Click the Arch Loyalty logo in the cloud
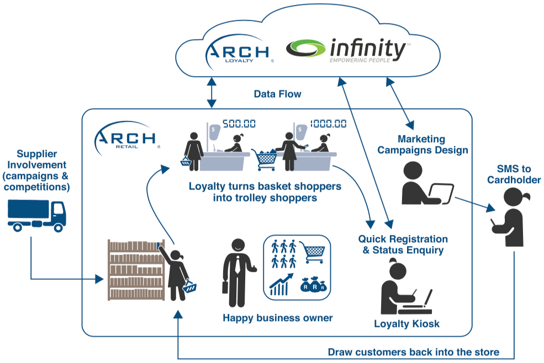click(x=238, y=53)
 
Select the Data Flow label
click(x=277, y=94)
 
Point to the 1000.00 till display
click(x=328, y=124)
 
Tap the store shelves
click(x=136, y=270)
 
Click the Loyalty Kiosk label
click(x=406, y=323)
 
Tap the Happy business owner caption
click(x=278, y=318)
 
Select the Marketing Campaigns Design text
click(x=432, y=145)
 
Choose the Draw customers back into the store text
click(x=414, y=351)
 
